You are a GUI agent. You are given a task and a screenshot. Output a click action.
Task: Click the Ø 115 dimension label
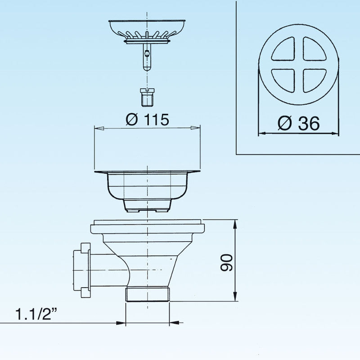click(148, 119)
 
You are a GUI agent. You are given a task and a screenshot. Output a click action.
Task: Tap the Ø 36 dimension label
click(298, 123)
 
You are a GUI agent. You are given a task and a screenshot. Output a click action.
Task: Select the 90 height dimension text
click(226, 262)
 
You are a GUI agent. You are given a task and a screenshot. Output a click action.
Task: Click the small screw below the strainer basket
click(148, 97)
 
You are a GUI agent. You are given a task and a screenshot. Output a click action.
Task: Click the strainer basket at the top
click(147, 31)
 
